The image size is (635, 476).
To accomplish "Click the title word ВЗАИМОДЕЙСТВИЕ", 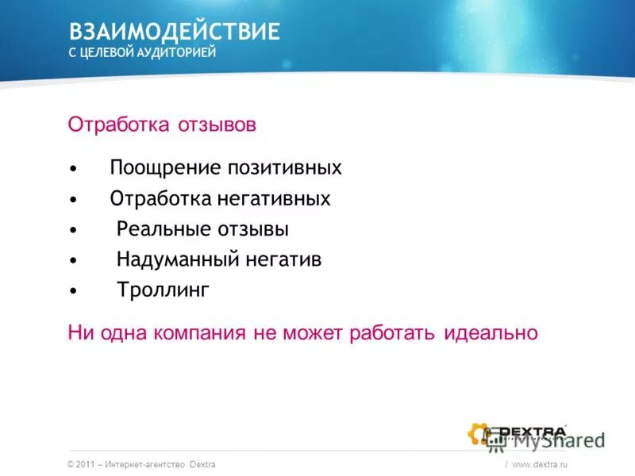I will click(x=175, y=32).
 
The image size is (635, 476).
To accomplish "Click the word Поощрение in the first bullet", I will click(x=165, y=168).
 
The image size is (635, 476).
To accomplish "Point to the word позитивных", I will click(x=285, y=168).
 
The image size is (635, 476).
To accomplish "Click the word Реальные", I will click(x=164, y=229).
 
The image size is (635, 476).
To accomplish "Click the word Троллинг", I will click(x=164, y=290).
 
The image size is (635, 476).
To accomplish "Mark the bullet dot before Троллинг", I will click(x=73, y=291).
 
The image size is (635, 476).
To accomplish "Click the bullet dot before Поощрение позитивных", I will click(x=73, y=169).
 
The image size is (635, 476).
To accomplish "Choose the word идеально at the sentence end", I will click(x=491, y=332).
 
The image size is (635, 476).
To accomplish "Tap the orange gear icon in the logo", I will click(x=479, y=433).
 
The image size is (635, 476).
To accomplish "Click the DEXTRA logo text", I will click(x=531, y=432).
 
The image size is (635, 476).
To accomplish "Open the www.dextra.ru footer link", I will click(x=541, y=464).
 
